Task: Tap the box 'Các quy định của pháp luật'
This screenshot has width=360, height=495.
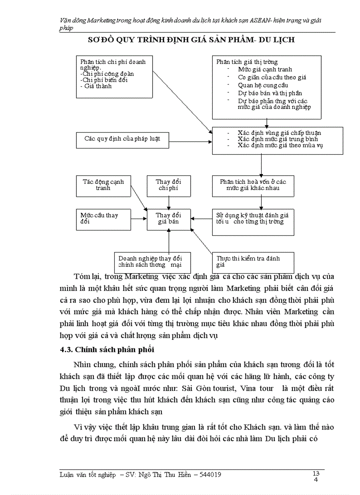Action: [x=122, y=139]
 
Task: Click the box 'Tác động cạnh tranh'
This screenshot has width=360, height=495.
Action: [x=103, y=185]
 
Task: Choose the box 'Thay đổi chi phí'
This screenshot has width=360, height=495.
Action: [x=169, y=185]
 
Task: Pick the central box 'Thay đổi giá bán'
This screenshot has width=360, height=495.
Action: [x=169, y=219]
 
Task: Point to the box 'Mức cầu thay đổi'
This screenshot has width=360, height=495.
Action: [x=103, y=219]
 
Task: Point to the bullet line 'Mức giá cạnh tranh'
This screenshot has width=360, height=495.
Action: [x=265, y=70]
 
